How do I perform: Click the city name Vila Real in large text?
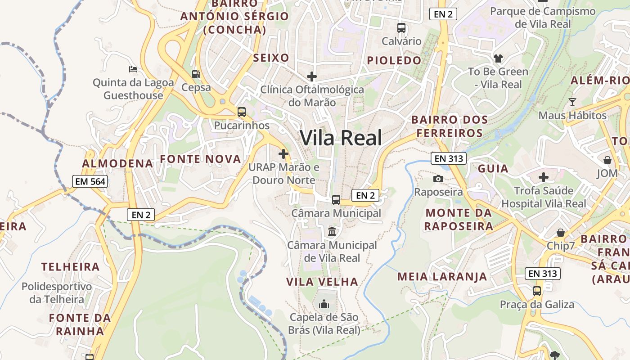341,138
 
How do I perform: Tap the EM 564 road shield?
90,181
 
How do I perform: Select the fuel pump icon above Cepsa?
196,74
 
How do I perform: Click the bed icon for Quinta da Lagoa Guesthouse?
133,69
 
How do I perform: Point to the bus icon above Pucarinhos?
242,112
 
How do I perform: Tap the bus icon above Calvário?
401,28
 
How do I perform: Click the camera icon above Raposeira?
438,179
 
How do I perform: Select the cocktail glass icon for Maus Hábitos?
572,102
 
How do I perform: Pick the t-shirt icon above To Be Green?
498,58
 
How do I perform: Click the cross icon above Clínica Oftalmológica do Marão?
311,76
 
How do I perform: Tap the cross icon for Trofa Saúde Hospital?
544,177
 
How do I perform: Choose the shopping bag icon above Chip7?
561,233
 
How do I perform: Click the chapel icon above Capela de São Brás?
324,304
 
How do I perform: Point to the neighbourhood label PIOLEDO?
394,60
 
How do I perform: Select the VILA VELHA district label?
322,282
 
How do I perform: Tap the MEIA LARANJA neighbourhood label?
442,276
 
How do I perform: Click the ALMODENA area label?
117,163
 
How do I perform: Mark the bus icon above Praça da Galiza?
537,291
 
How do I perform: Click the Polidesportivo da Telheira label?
57,292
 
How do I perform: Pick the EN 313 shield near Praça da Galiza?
543,273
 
